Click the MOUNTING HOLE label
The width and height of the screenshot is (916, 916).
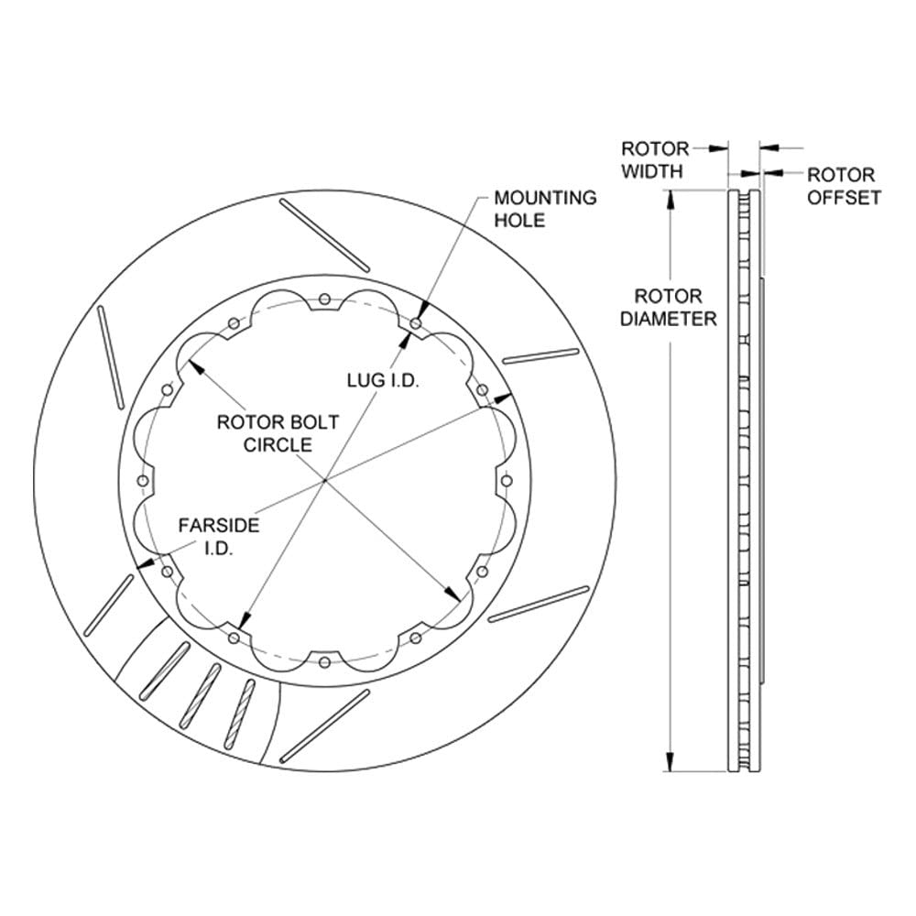coord(545,209)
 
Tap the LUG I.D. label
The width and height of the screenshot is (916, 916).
coord(383,380)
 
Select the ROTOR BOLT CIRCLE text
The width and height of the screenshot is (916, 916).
coord(278,433)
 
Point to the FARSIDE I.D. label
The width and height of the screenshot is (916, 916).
coord(219,536)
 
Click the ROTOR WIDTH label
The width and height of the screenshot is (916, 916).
coord(654,159)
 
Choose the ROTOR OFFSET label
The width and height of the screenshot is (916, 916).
coord(844,186)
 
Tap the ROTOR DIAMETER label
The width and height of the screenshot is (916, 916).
coord(669,307)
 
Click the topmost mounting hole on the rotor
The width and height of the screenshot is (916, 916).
coord(325,300)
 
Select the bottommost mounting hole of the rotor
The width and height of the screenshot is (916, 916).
coord(325,662)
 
